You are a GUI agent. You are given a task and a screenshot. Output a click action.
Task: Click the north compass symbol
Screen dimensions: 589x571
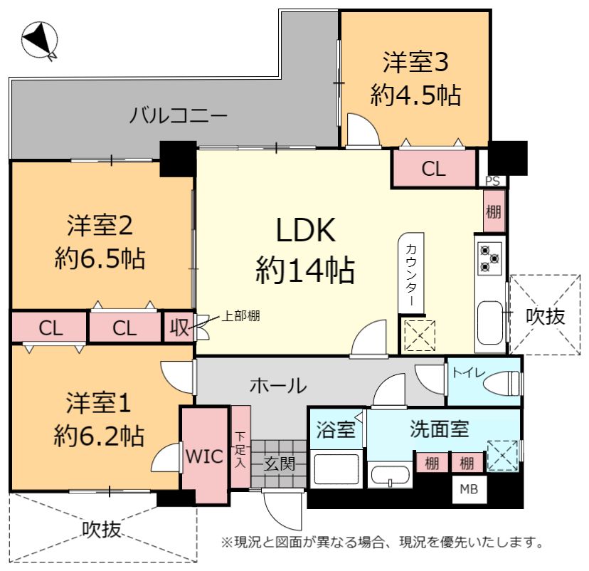[39, 40]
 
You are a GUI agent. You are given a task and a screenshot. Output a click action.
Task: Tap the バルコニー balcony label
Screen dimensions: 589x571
[179, 115]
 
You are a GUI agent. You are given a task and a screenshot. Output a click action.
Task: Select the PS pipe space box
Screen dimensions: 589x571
[492, 181]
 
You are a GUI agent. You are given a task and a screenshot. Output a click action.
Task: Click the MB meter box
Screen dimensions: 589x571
[469, 488]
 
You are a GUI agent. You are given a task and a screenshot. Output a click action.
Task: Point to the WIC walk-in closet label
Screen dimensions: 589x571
[204, 456]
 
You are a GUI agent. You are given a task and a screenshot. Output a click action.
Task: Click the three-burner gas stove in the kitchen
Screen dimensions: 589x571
[490, 258]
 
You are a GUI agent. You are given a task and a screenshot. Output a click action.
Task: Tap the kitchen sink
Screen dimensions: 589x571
[490, 322]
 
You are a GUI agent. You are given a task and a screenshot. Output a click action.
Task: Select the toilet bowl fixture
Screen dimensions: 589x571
[502, 384]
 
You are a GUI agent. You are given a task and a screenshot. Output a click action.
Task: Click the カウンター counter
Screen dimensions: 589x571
[411, 273]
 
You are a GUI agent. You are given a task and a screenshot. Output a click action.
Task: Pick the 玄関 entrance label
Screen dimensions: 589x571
[279, 464]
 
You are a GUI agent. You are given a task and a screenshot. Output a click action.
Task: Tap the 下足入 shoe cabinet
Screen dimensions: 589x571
[240, 447]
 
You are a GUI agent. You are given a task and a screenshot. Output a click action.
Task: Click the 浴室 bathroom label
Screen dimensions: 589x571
[336, 429]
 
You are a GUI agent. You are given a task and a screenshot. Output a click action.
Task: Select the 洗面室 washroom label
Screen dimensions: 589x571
[439, 429]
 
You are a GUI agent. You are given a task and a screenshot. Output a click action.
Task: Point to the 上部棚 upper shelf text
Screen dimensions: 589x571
[240, 316]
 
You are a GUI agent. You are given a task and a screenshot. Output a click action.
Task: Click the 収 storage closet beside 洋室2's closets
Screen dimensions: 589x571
[179, 327]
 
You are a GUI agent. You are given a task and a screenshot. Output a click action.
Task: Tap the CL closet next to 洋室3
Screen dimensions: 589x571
[434, 169]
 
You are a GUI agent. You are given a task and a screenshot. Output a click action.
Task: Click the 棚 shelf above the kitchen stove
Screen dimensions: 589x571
[494, 211]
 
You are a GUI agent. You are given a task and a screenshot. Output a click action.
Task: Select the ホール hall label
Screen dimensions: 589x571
[278, 386]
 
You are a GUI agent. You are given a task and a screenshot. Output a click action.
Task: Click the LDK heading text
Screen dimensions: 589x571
[306, 230]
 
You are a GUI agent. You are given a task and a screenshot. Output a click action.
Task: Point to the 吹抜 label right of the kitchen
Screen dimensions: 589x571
[545, 316]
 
